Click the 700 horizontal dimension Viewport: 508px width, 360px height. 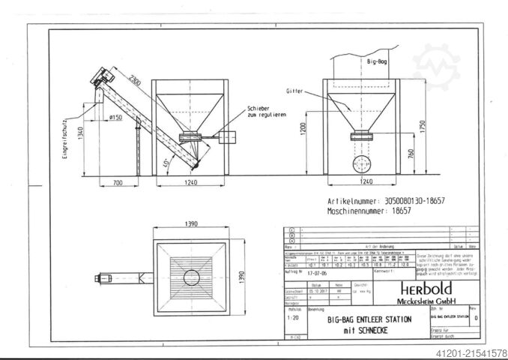coord(107,183)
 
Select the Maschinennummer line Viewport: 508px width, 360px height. coord(369,213)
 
